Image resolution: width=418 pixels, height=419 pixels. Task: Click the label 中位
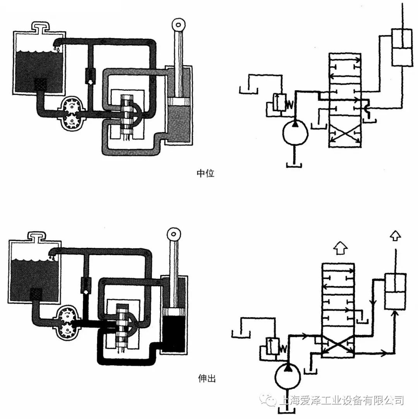pyautogui.click(x=206, y=173)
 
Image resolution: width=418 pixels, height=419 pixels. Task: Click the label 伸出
pyautogui.click(x=206, y=378)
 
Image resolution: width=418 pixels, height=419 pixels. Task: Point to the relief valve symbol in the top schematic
pyautogui.click(x=279, y=103)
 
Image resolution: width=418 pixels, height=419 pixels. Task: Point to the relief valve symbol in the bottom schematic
pyautogui.click(x=273, y=346)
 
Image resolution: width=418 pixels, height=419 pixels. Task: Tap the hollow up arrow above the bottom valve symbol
pyautogui.click(x=341, y=248)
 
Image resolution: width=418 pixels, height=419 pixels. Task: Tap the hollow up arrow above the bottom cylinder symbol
pyautogui.click(x=395, y=235)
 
